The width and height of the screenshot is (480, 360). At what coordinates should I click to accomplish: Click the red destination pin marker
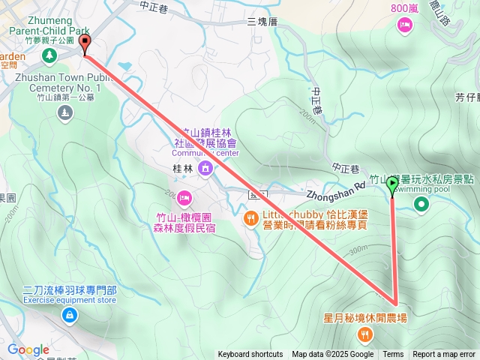point(85,44)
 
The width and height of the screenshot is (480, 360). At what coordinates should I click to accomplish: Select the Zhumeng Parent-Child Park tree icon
point(49,56)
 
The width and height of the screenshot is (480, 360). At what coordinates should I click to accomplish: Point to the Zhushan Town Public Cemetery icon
point(65,112)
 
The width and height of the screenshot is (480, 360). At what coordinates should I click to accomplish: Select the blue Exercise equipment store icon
point(69,316)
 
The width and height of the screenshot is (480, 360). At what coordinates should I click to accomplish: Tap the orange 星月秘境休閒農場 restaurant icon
point(365,334)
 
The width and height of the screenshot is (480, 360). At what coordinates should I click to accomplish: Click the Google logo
point(28,349)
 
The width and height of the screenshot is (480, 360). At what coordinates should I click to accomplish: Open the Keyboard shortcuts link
point(250,355)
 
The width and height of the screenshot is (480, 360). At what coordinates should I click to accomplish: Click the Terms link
point(393,355)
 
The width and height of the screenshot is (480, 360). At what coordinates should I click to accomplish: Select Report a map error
point(444,355)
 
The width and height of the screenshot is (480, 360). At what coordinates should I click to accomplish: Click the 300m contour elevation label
point(358,249)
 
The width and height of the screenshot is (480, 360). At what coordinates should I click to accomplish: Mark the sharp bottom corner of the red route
point(395,305)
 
